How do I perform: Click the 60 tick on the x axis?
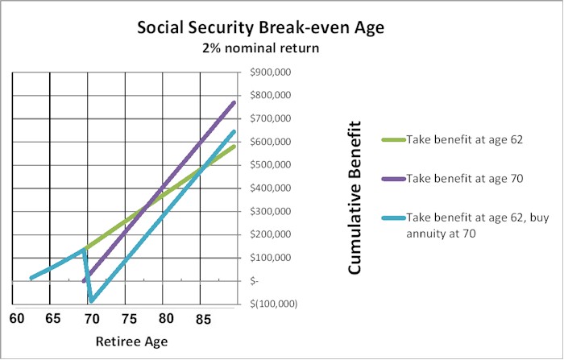[17, 318]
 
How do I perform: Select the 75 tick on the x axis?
[128, 318]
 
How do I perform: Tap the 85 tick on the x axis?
[203, 318]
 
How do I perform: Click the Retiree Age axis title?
[131, 341]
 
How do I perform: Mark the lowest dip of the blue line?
[92, 301]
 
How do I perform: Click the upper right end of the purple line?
[234, 102]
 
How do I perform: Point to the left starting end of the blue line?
[31, 278]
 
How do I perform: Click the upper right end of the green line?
[234, 146]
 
